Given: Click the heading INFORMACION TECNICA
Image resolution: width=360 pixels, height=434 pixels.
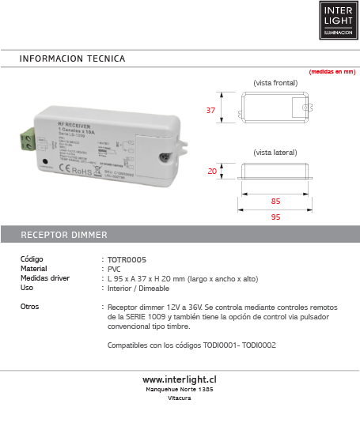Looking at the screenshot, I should point(72,59).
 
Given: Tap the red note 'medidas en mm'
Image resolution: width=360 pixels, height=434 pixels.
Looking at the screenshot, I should point(332,72).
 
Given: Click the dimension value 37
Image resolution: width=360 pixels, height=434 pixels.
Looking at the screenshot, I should point(210,111).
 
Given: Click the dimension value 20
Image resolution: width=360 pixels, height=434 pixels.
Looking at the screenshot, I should point(211,171).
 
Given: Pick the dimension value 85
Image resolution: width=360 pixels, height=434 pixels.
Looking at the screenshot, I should point(275,200).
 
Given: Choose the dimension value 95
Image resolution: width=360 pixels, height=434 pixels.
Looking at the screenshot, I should point(275,216).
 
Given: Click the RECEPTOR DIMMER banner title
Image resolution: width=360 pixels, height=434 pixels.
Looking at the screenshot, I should point(64,236).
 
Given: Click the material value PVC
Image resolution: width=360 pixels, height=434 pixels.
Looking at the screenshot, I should point(115,269).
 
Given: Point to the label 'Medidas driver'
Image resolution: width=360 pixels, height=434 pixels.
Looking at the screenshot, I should point(45,278).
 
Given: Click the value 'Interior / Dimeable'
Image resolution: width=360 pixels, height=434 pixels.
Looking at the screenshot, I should point(140,288).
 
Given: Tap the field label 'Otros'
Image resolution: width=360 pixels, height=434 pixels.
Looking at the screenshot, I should point(30,306).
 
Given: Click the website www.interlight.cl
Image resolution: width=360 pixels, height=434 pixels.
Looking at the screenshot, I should point(180,379).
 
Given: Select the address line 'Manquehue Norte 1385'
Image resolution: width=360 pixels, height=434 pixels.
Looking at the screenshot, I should point(180,390).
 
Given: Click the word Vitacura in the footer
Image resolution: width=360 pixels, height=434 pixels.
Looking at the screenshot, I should point(180,398).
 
